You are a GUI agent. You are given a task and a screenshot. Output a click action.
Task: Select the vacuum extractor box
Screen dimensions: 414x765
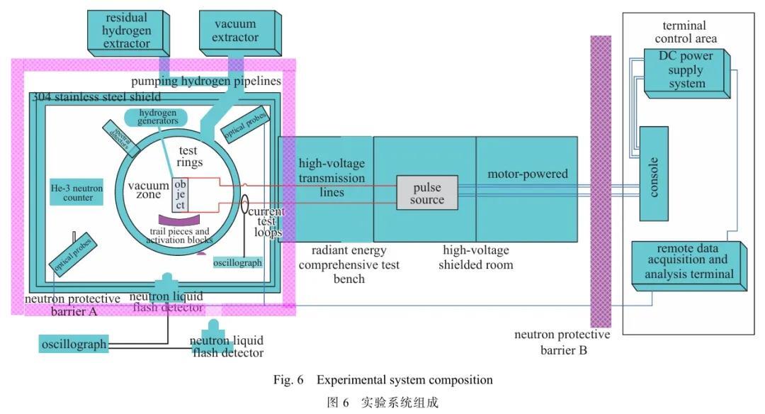pyautogui.click(x=235, y=31)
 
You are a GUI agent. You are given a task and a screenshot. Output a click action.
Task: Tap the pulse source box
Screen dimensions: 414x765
pyautogui.click(x=426, y=193)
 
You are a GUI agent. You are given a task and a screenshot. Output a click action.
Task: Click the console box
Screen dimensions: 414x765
pyautogui.click(x=653, y=173)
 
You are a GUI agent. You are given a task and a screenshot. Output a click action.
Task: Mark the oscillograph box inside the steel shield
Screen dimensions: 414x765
pyautogui.click(x=237, y=262)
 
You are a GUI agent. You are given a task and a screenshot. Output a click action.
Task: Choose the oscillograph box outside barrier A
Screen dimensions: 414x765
pyautogui.click(x=74, y=345)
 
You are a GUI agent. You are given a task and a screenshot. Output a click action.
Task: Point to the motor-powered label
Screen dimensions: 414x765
pyautogui.click(x=528, y=174)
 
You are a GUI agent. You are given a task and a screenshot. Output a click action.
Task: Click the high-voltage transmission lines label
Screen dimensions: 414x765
pyautogui.click(x=331, y=177)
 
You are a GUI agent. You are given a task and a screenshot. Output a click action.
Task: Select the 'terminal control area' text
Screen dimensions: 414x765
pyautogui.click(x=685, y=33)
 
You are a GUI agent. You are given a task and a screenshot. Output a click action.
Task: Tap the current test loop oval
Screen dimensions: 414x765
pyautogui.click(x=244, y=206)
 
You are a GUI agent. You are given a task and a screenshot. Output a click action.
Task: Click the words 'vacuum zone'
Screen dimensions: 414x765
pyautogui.click(x=148, y=191)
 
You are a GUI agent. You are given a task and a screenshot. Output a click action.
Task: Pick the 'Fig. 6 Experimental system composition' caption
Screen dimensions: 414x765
pyautogui.click(x=382, y=380)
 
